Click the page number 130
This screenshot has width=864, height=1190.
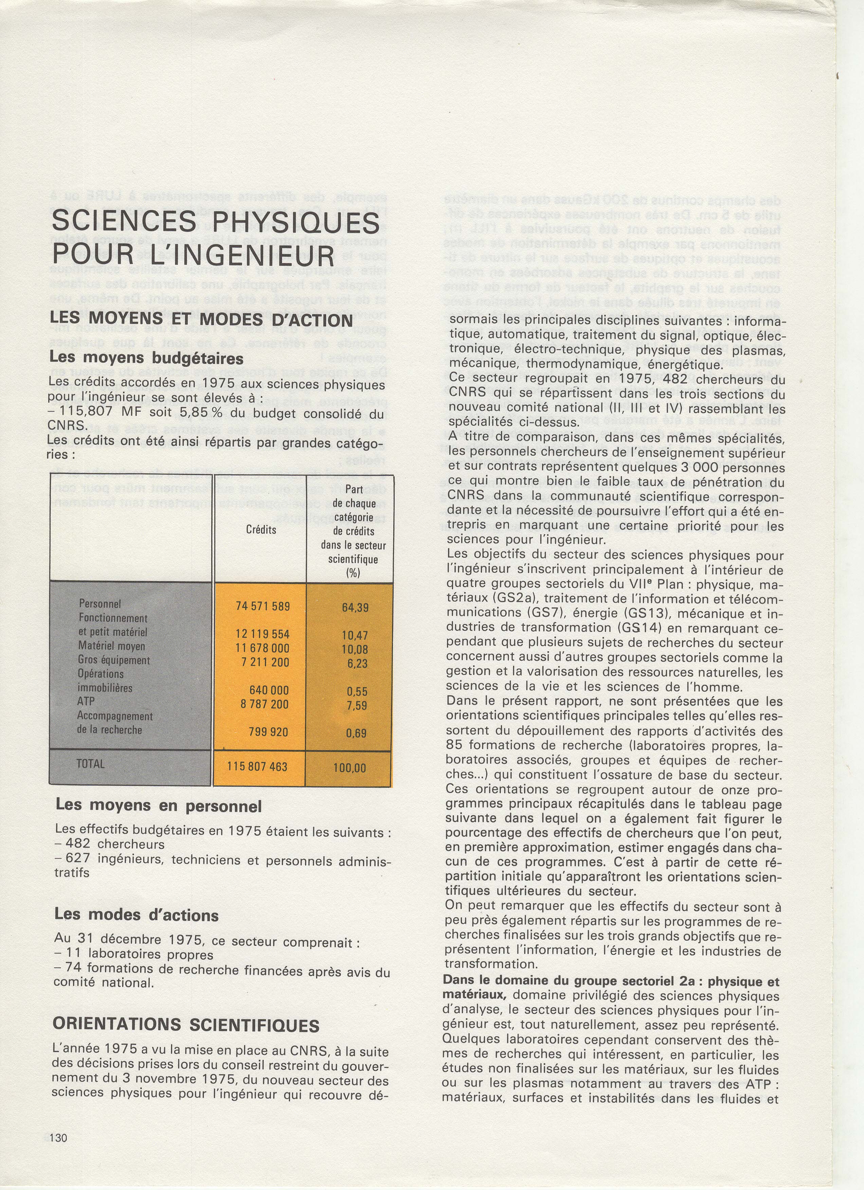pos(59,1134)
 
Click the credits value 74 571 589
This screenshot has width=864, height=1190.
pos(263,607)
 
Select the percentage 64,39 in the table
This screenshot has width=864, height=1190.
pos(355,608)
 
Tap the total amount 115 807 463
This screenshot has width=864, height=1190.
pos(257,767)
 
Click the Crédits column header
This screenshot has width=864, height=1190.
pos(261,530)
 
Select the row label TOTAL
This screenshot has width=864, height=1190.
pos(91,764)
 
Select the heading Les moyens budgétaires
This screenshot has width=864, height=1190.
pos(146,358)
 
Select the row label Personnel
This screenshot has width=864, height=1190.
pos(100,604)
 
